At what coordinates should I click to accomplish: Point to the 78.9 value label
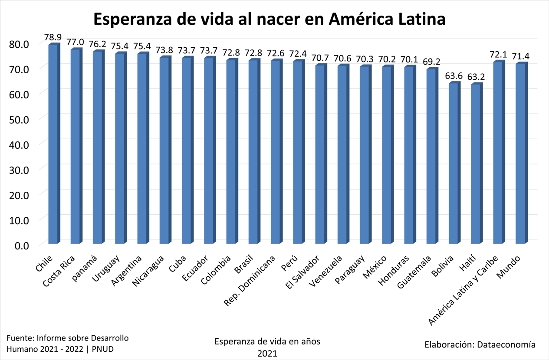tap(53, 36)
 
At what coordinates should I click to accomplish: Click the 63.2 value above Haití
tap(476, 76)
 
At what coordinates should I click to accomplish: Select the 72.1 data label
tap(498, 54)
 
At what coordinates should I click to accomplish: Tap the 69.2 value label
tap(431, 62)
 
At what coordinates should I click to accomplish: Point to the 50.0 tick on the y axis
tap(19, 119)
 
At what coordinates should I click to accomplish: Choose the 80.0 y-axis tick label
tap(19, 44)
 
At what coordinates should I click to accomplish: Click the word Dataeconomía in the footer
tap(506, 345)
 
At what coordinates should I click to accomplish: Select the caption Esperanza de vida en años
tap(267, 341)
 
